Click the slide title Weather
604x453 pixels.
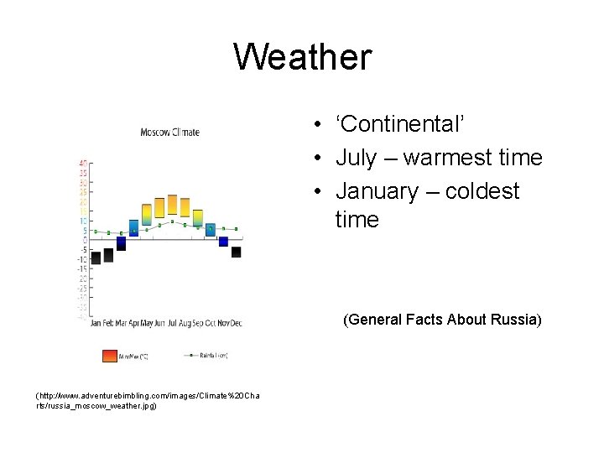[302, 57]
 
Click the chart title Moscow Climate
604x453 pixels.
[169, 132]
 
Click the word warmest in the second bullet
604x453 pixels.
[446, 158]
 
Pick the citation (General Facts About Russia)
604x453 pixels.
[442, 320]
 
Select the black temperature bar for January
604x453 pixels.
[96, 258]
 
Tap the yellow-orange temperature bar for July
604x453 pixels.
[172, 206]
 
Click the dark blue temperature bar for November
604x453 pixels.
[223, 242]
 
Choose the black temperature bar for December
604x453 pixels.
[236, 252]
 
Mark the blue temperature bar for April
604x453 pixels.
[134, 228]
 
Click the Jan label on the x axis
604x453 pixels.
[96, 323]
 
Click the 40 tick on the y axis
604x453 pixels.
[83, 163]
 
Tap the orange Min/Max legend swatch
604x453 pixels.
[110, 356]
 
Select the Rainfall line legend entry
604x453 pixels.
[206, 356]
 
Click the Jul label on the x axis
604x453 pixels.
[173, 323]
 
